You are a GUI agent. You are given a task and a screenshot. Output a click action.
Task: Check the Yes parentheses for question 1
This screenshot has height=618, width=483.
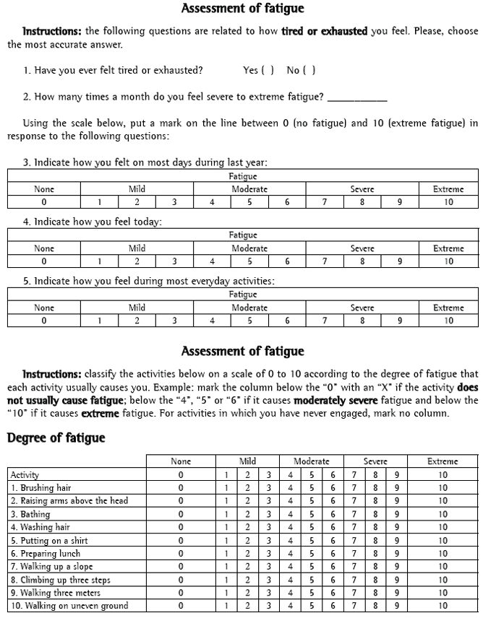(x=269, y=70)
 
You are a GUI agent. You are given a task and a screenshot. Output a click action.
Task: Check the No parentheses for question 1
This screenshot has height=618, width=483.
(x=311, y=70)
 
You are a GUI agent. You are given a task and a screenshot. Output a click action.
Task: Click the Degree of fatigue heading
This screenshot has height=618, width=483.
(x=56, y=438)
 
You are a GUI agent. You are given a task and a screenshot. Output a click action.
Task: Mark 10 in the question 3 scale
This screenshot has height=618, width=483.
(x=448, y=202)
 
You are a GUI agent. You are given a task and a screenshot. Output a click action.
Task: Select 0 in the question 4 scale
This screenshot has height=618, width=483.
(x=44, y=261)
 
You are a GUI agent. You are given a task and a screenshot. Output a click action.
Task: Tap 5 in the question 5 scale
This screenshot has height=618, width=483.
(x=249, y=321)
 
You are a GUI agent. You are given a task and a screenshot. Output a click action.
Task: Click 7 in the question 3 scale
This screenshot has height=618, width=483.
(x=325, y=202)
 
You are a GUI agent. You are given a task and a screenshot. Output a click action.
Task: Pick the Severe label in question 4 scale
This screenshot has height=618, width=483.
(x=362, y=248)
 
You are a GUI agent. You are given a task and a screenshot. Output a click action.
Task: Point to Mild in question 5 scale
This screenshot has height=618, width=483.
(x=137, y=308)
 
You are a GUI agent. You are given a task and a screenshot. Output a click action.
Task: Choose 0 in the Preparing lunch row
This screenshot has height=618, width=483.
(x=181, y=553)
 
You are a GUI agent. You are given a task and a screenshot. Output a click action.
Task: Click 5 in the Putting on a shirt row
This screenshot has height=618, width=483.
(x=312, y=540)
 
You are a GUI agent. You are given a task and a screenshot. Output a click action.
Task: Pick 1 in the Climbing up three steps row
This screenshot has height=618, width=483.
(x=226, y=580)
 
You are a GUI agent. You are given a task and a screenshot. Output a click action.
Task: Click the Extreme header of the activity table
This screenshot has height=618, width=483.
(x=443, y=461)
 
